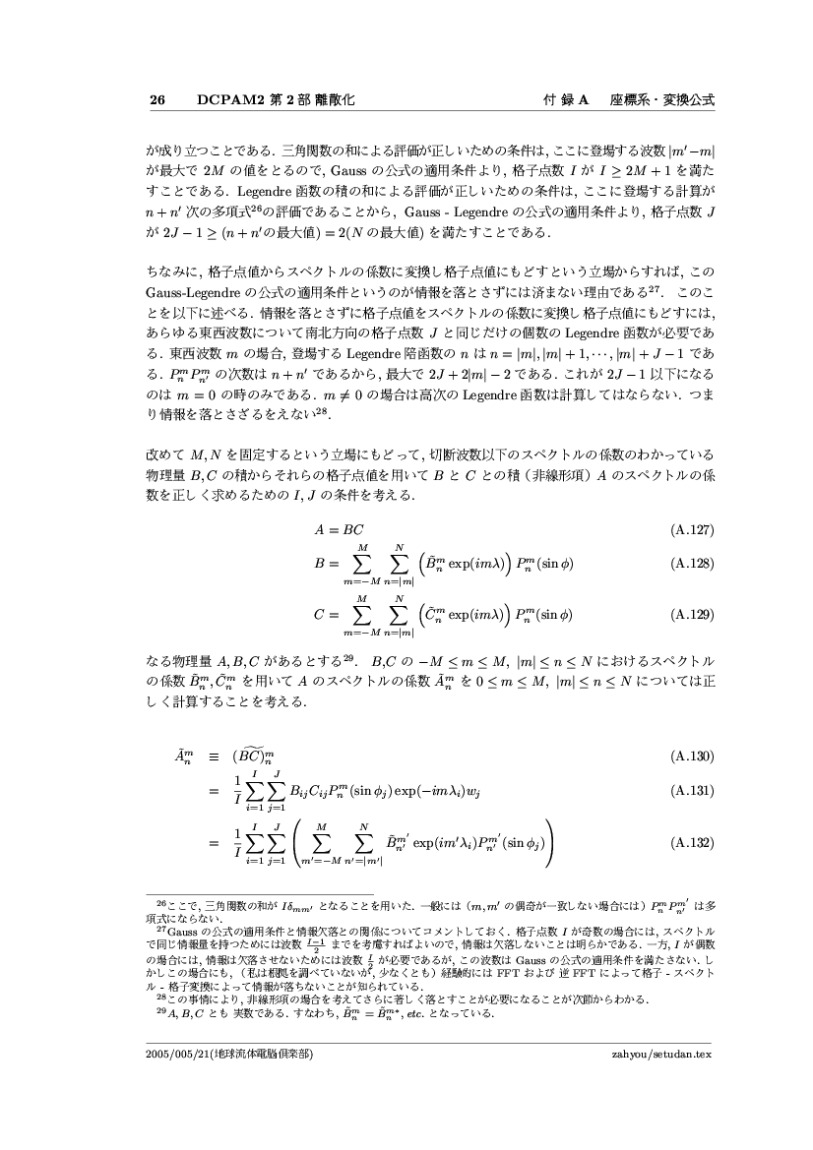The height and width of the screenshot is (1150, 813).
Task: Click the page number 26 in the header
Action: pyautogui.click(x=156, y=100)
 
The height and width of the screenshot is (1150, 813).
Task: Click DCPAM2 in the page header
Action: pyautogui.click(x=226, y=100)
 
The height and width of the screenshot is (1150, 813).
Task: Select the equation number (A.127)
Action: pyautogui.click(x=691, y=530)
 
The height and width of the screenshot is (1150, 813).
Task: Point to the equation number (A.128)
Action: pyautogui.click(x=691, y=564)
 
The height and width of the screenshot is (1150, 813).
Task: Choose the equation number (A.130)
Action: pyautogui.click(x=691, y=757)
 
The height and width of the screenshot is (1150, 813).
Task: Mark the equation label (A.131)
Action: pyautogui.click(x=691, y=790)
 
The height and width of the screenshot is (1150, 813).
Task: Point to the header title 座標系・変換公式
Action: pyautogui.click(x=661, y=100)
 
